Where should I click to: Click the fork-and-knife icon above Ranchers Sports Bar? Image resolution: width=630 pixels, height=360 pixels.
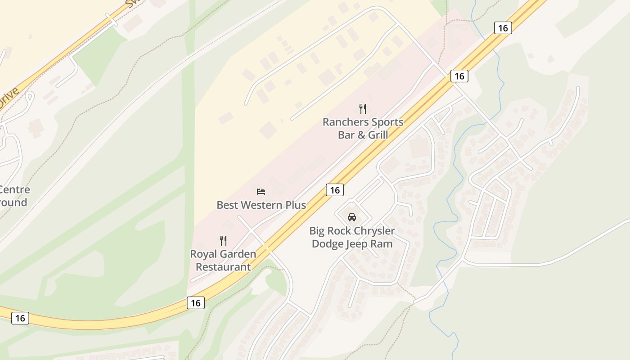tap(363, 108)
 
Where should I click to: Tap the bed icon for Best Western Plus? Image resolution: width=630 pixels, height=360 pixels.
tap(261, 192)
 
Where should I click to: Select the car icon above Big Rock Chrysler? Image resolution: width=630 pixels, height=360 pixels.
tap(352, 217)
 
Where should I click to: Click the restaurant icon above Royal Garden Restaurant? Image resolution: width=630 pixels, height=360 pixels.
tap(223, 241)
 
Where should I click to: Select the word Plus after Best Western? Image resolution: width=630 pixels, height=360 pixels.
tap(296, 205)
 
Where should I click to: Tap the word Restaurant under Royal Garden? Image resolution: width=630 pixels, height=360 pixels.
tap(223, 267)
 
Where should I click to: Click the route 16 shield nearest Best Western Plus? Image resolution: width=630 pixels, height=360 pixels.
tap(335, 190)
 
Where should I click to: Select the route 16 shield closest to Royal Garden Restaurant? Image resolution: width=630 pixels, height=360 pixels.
tap(196, 303)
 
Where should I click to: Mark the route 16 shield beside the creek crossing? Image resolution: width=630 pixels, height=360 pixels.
tap(503, 28)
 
